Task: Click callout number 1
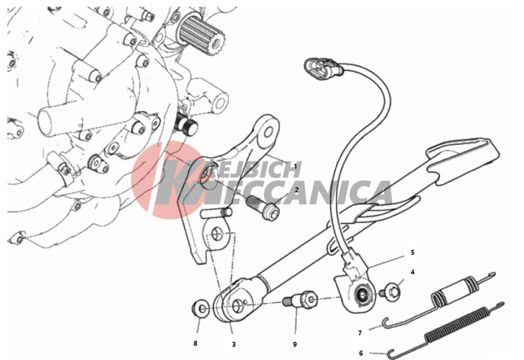295,166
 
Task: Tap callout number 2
297,190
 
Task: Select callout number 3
234,344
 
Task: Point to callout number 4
412,272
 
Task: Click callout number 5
412,252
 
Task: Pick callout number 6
361,353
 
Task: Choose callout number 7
360,333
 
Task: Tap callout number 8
195,343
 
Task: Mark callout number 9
295,344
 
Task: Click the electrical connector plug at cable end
323,68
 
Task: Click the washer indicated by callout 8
201,308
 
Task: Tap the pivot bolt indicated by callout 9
300,299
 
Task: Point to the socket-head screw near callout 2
263,206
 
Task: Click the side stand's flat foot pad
463,161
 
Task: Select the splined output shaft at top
201,35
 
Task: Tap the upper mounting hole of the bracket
268,132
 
